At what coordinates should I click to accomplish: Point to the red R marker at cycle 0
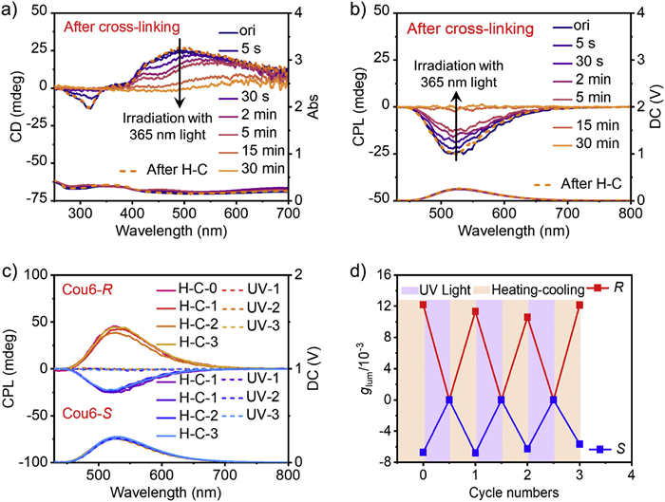tap(423, 305)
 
